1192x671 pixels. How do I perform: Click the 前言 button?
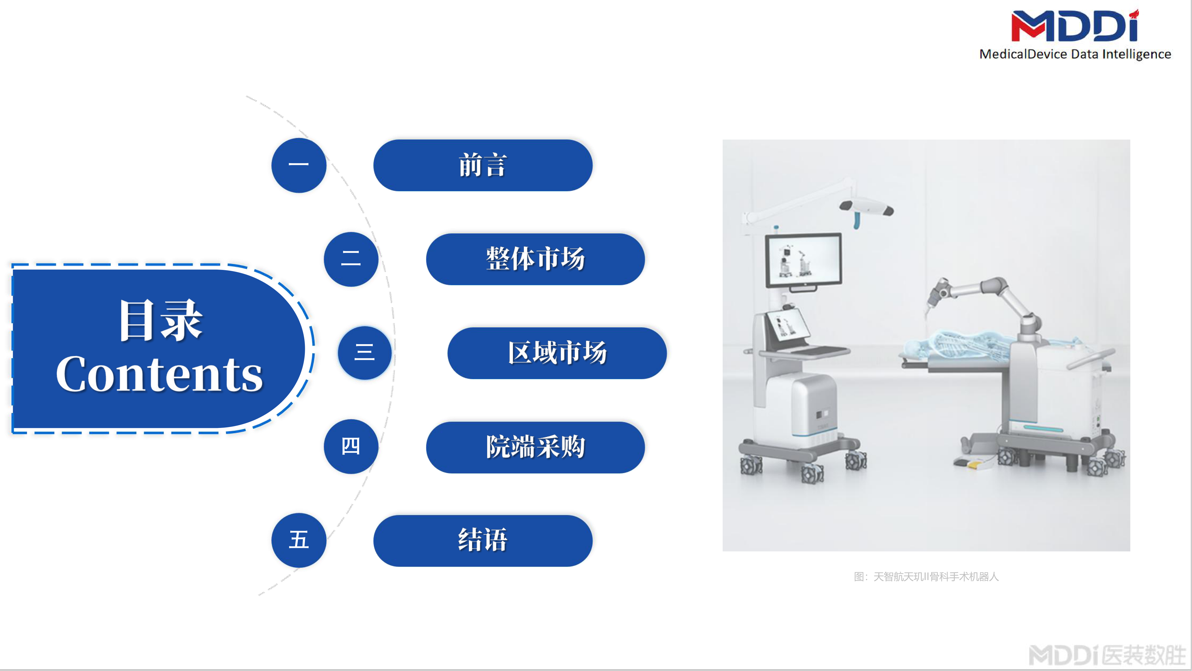click(x=483, y=165)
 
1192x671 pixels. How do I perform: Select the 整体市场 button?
click(x=536, y=259)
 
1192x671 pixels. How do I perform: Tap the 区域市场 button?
click(x=557, y=353)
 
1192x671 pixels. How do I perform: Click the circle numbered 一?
click(x=299, y=165)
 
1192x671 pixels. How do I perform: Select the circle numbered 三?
click(x=365, y=353)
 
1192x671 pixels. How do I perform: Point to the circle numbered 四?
click(x=351, y=446)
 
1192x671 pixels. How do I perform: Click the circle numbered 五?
click(x=299, y=540)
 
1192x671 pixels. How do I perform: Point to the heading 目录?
click(x=161, y=321)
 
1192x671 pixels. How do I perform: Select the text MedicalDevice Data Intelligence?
click(x=1075, y=54)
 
